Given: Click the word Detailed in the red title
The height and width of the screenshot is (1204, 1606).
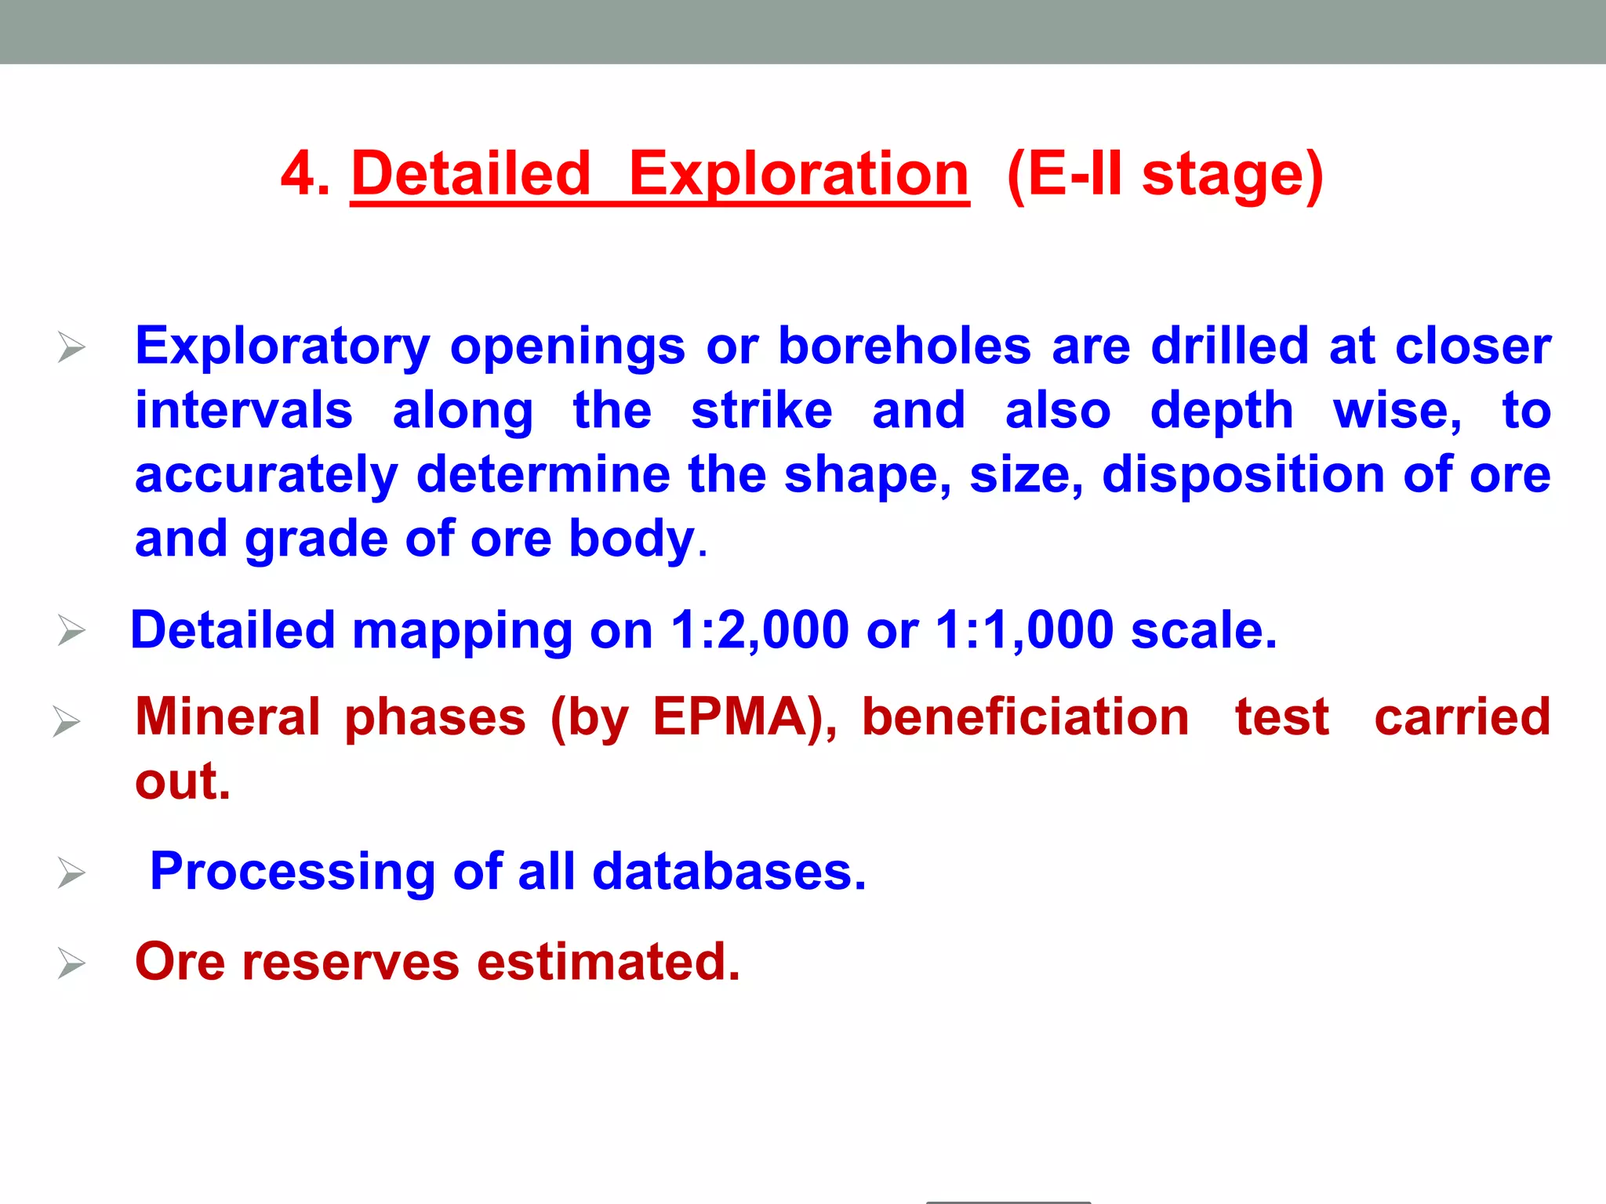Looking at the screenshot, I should coord(471,174).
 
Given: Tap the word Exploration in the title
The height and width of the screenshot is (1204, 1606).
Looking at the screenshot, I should coord(798,174).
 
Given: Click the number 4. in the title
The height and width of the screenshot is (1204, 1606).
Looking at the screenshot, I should coord(305,174).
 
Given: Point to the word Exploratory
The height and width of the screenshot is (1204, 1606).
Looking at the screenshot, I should coord(282,346).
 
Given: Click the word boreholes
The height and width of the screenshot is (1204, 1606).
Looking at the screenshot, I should coord(904,346).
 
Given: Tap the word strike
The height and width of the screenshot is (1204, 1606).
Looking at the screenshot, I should coord(761,411).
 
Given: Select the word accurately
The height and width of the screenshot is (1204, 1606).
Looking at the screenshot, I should coord(267,475).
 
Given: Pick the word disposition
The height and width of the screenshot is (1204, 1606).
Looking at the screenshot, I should coord(1243,475).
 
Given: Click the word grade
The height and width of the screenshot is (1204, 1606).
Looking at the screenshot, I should coord(317,539).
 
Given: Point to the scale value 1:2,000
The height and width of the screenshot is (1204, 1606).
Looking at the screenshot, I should coord(760,630).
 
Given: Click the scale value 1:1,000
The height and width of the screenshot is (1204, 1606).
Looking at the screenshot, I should coord(1024,630).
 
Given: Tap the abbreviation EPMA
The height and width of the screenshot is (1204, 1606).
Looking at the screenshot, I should coord(730,716).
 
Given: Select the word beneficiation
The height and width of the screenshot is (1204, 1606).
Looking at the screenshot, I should coord(1025,716).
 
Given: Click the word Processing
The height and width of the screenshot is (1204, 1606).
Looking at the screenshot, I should coord(292,872).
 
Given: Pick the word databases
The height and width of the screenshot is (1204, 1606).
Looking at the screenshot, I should coord(729,872).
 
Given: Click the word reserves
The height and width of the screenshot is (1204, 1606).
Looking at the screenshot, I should coord(351,962).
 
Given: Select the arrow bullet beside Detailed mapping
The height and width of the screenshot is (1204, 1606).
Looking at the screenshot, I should coord(71,630).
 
